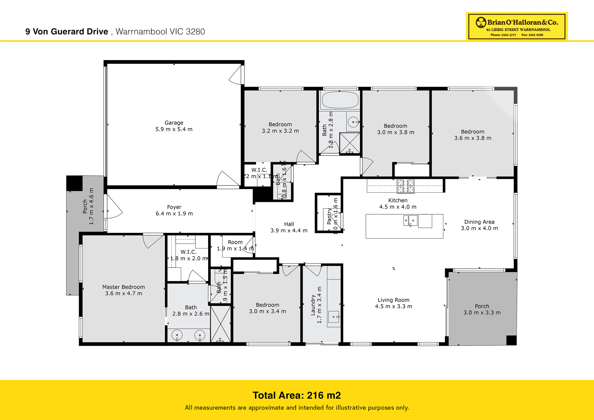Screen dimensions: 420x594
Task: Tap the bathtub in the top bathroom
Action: tap(340, 100)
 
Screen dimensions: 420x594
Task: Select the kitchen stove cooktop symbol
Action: tap(405, 186)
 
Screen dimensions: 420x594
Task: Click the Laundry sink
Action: tap(334, 317)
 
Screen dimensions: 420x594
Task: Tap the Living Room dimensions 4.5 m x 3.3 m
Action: tap(393, 306)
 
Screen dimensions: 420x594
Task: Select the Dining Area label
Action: tap(479, 222)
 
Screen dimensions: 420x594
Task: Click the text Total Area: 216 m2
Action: tap(297, 395)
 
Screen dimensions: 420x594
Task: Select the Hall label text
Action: tap(289, 224)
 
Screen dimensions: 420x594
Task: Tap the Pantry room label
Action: tap(329, 216)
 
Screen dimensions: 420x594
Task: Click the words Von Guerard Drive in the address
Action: tap(70, 32)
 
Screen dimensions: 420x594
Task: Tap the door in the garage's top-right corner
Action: tap(236, 75)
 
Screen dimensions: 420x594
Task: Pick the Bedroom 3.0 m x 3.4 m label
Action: tap(267, 308)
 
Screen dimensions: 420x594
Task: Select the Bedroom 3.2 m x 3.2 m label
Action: tap(280, 128)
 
